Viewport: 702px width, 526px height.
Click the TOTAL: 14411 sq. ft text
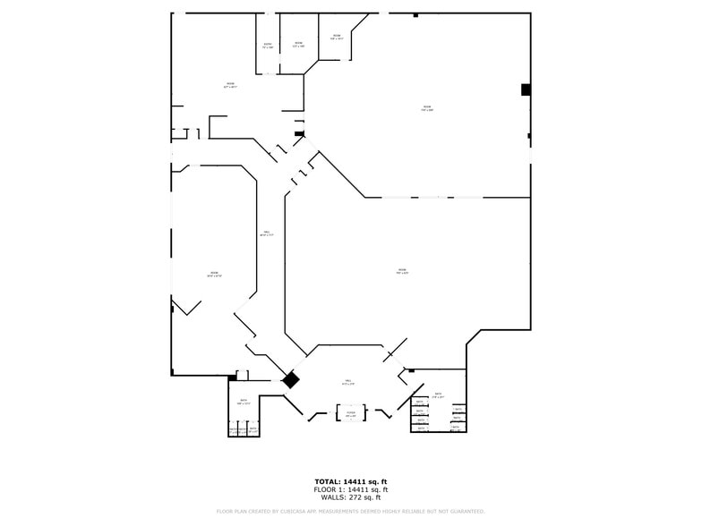(350, 482)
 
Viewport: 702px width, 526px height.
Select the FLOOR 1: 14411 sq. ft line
(350, 490)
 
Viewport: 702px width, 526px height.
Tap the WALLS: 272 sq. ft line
(350, 497)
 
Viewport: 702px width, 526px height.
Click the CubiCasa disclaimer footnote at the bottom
(350, 512)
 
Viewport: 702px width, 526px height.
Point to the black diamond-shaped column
(290, 380)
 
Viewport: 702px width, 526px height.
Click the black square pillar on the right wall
(526, 89)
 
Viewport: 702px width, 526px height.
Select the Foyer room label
(351, 414)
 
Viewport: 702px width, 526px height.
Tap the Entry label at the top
(268, 46)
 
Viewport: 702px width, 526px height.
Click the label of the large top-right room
(427, 109)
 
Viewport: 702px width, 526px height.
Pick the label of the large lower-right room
(402, 271)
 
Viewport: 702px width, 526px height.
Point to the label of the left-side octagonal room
(214, 275)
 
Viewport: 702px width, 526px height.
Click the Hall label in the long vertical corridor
(266, 233)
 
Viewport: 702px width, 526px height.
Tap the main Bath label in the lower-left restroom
(244, 402)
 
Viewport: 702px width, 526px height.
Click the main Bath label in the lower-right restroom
(438, 395)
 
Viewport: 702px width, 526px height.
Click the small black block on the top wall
(415, 15)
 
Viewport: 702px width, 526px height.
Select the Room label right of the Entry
(298, 45)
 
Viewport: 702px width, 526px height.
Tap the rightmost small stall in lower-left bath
(253, 430)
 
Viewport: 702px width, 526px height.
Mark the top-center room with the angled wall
(337, 38)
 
